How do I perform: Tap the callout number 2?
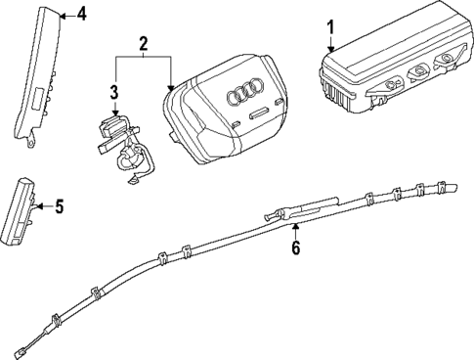143,44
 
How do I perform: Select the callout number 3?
114,93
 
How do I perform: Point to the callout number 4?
81,15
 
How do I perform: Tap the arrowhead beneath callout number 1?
330,49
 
